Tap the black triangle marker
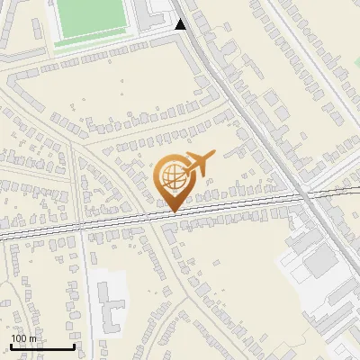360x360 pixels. [x=181, y=24]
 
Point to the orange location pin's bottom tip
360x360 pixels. [x=172, y=212]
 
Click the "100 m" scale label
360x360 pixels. [x=23, y=338]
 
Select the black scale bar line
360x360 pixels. [x=42, y=346]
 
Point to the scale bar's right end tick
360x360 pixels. [x=74, y=345]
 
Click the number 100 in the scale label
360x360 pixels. [x=19, y=338]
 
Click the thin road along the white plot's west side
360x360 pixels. [x=92, y=297]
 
